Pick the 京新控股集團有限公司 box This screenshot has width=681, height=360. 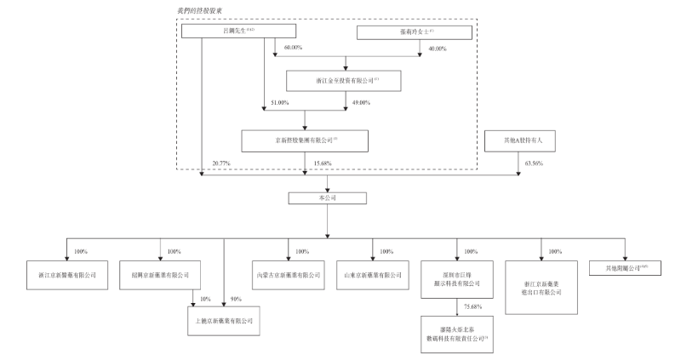305,140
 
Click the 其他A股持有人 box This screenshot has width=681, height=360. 518,140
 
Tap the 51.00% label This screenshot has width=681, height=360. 279,102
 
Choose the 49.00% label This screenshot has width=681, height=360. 362,102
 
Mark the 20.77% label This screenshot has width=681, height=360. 219,163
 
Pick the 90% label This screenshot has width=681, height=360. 236,300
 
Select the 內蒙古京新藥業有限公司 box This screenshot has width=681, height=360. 289,275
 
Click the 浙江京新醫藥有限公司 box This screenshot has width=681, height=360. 67,275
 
